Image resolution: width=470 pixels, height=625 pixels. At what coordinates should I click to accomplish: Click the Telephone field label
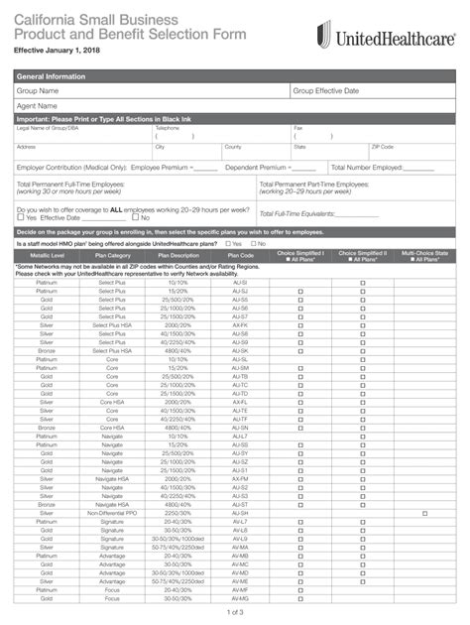pos(167,127)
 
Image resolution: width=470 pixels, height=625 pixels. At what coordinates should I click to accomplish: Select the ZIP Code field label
pos(382,146)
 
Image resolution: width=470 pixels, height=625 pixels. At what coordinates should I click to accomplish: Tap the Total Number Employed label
pos(368,167)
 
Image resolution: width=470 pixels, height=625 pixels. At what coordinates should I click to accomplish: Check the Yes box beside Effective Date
pos(20,217)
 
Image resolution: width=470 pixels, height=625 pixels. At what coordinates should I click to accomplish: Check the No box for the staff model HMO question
pos(254,243)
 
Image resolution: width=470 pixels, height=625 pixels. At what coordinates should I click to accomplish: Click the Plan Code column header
pos(240,256)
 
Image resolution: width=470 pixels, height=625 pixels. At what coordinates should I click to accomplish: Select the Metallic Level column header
pos(47,256)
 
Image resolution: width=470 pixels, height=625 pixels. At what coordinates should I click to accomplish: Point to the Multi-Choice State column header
pos(424,256)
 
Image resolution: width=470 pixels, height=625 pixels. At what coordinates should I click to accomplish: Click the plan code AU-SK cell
pos(240,350)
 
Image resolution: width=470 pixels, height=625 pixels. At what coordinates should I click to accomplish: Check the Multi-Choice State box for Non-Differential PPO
pos(424,512)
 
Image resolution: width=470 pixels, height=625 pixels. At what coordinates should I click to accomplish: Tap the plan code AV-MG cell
pos(240,598)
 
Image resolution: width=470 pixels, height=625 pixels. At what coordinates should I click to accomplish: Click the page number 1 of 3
pos(235,612)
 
